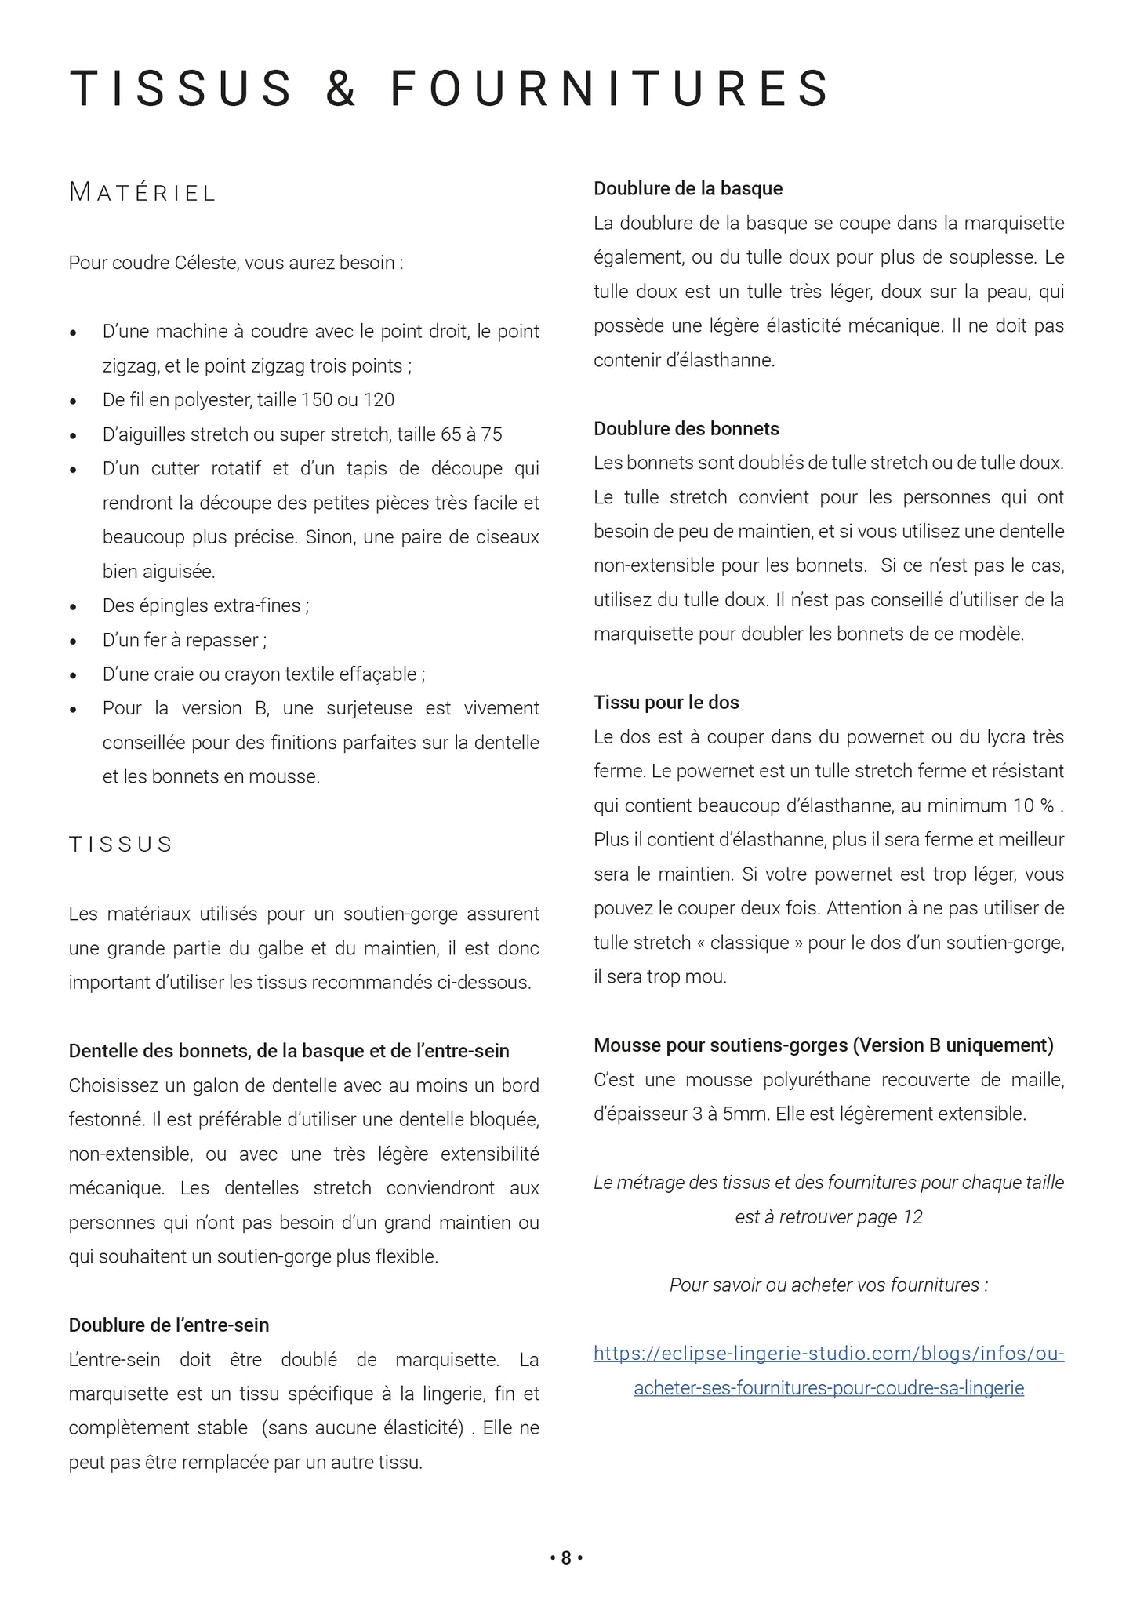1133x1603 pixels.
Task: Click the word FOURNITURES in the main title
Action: pyautogui.click(x=610, y=88)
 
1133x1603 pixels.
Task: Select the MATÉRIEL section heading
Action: pyautogui.click(x=142, y=192)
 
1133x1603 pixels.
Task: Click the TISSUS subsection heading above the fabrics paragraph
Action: pyautogui.click(x=121, y=845)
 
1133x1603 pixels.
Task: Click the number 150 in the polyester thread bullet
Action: pyautogui.click(x=317, y=400)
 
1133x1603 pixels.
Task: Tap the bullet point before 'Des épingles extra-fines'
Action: pyautogui.click(x=74, y=607)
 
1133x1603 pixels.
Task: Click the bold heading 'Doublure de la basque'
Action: pyautogui.click(x=688, y=188)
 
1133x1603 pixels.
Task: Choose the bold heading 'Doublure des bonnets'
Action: pyautogui.click(x=686, y=429)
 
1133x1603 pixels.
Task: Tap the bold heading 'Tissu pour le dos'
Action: pyautogui.click(x=666, y=703)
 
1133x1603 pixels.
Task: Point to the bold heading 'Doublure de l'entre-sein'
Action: pyautogui.click(x=169, y=1325)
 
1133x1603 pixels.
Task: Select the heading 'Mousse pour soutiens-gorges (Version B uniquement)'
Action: pyautogui.click(x=823, y=1045)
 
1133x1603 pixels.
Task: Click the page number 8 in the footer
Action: pyautogui.click(x=566, y=1558)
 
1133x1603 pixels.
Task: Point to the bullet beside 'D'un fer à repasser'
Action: pyautogui.click(x=74, y=642)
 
